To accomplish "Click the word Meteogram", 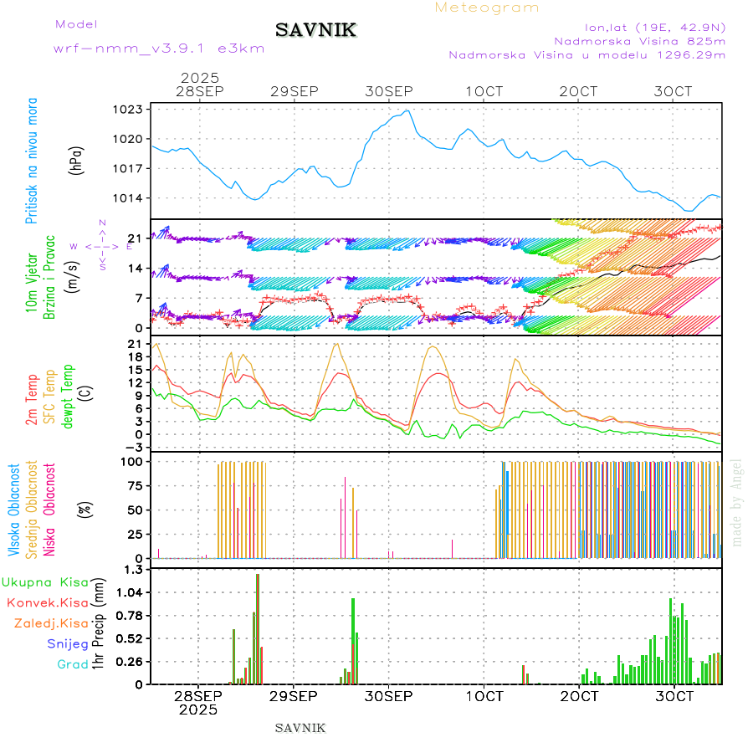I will tap(487, 8).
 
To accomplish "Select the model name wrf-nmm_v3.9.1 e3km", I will tap(159, 49).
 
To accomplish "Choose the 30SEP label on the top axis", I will tap(389, 91).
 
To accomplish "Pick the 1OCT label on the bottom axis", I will tap(484, 696).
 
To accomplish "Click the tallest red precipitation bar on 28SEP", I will tap(258, 627).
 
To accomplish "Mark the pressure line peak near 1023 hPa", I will tap(407, 110).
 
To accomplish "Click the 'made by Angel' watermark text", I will tap(736, 502).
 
